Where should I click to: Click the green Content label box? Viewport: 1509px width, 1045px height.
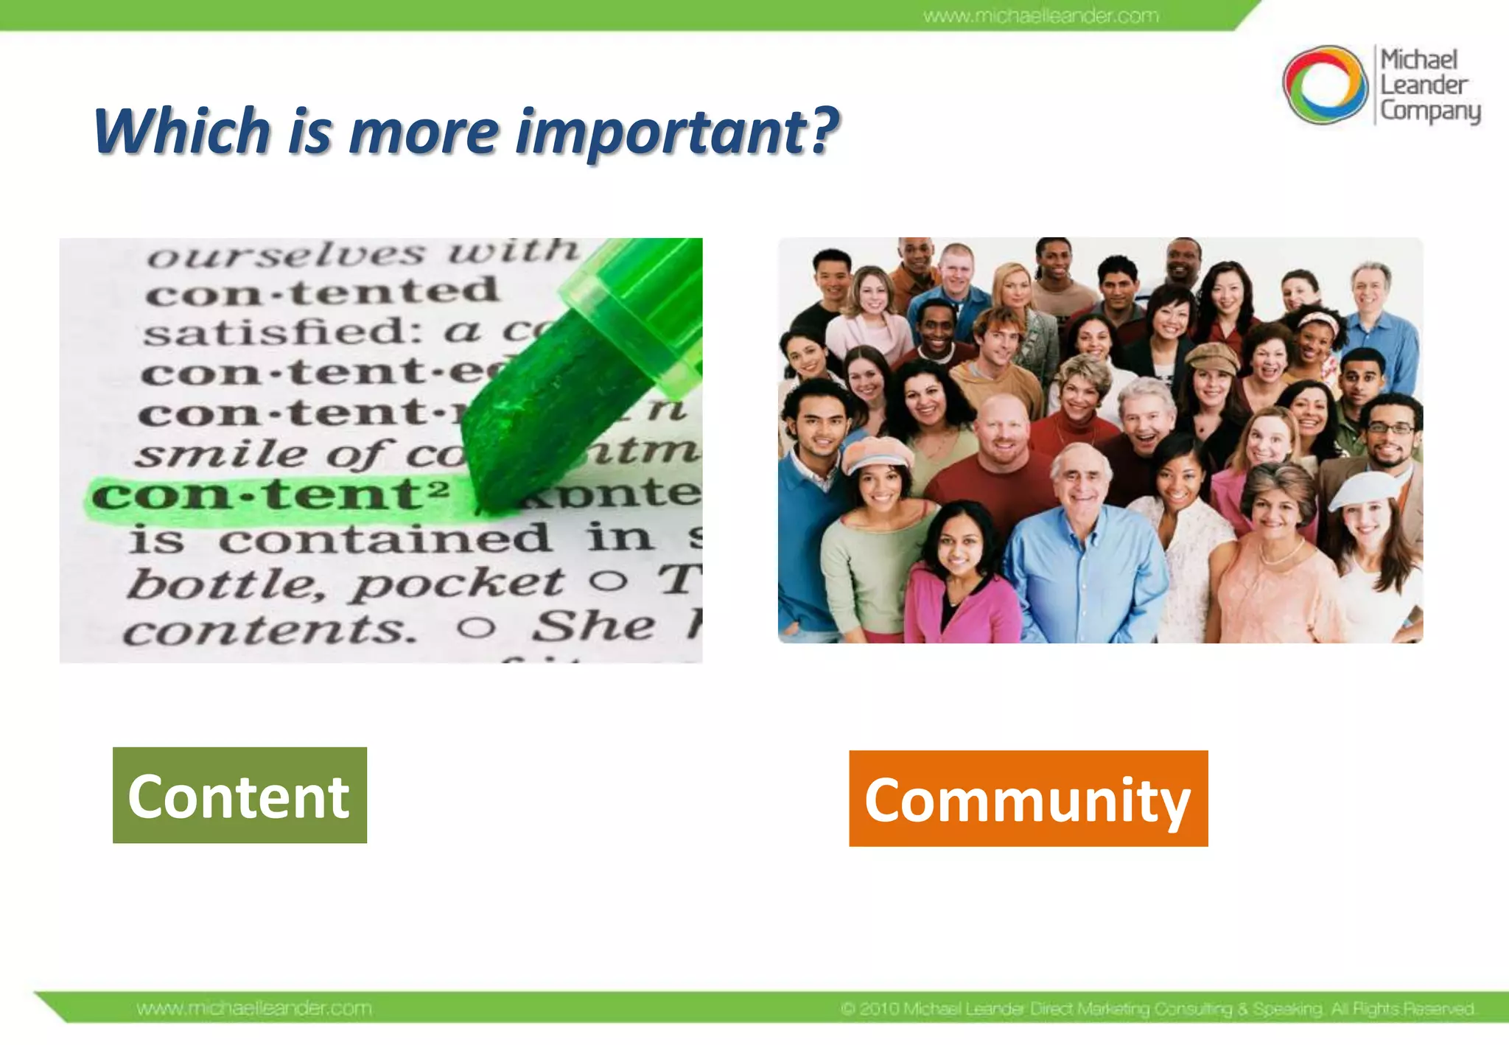click(x=239, y=795)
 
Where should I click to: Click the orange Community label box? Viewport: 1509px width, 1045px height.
click(x=1028, y=799)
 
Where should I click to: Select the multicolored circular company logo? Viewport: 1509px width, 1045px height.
click(x=1324, y=84)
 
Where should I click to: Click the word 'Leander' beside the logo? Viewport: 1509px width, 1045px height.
click(x=1424, y=85)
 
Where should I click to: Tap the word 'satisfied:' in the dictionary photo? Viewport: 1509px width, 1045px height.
click(x=284, y=332)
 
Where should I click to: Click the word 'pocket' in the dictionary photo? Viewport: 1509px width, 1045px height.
click(x=457, y=584)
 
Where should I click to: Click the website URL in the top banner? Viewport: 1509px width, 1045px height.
click(x=1040, y=15)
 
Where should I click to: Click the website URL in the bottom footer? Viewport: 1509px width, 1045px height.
click(x=254, y=1008)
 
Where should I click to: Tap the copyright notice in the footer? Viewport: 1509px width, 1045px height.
click(x=1157, y=1008)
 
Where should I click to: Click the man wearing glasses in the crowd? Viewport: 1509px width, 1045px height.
click(x=1389, y=442)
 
